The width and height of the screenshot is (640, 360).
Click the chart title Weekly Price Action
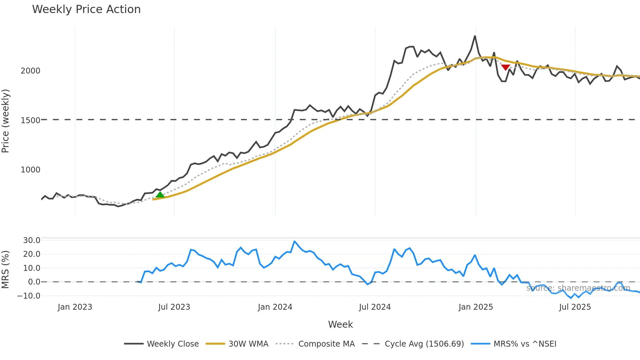coord(86,9)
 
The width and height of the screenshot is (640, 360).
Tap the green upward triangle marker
coord(160,195)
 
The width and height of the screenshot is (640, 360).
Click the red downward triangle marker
coord(505,67)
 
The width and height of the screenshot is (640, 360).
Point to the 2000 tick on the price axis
coord(30,71)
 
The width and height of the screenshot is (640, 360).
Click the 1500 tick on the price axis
coord(30,120)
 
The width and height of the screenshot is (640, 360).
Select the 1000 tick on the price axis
coord(30,170)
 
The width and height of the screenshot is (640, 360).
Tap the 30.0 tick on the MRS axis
coord(32,240)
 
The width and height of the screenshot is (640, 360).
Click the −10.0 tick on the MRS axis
coord(29,296)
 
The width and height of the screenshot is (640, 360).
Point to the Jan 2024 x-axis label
coord(275,307)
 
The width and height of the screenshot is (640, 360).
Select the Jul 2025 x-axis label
coord(575,307)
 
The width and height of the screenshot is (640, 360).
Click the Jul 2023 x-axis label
coord(174,307)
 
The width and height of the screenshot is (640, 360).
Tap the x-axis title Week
coord(340,324)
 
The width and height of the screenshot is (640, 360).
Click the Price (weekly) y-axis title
coord(6,121)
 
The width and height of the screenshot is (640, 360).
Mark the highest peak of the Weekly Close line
coord(475,36)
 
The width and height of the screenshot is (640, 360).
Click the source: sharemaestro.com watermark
coord(578,288)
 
